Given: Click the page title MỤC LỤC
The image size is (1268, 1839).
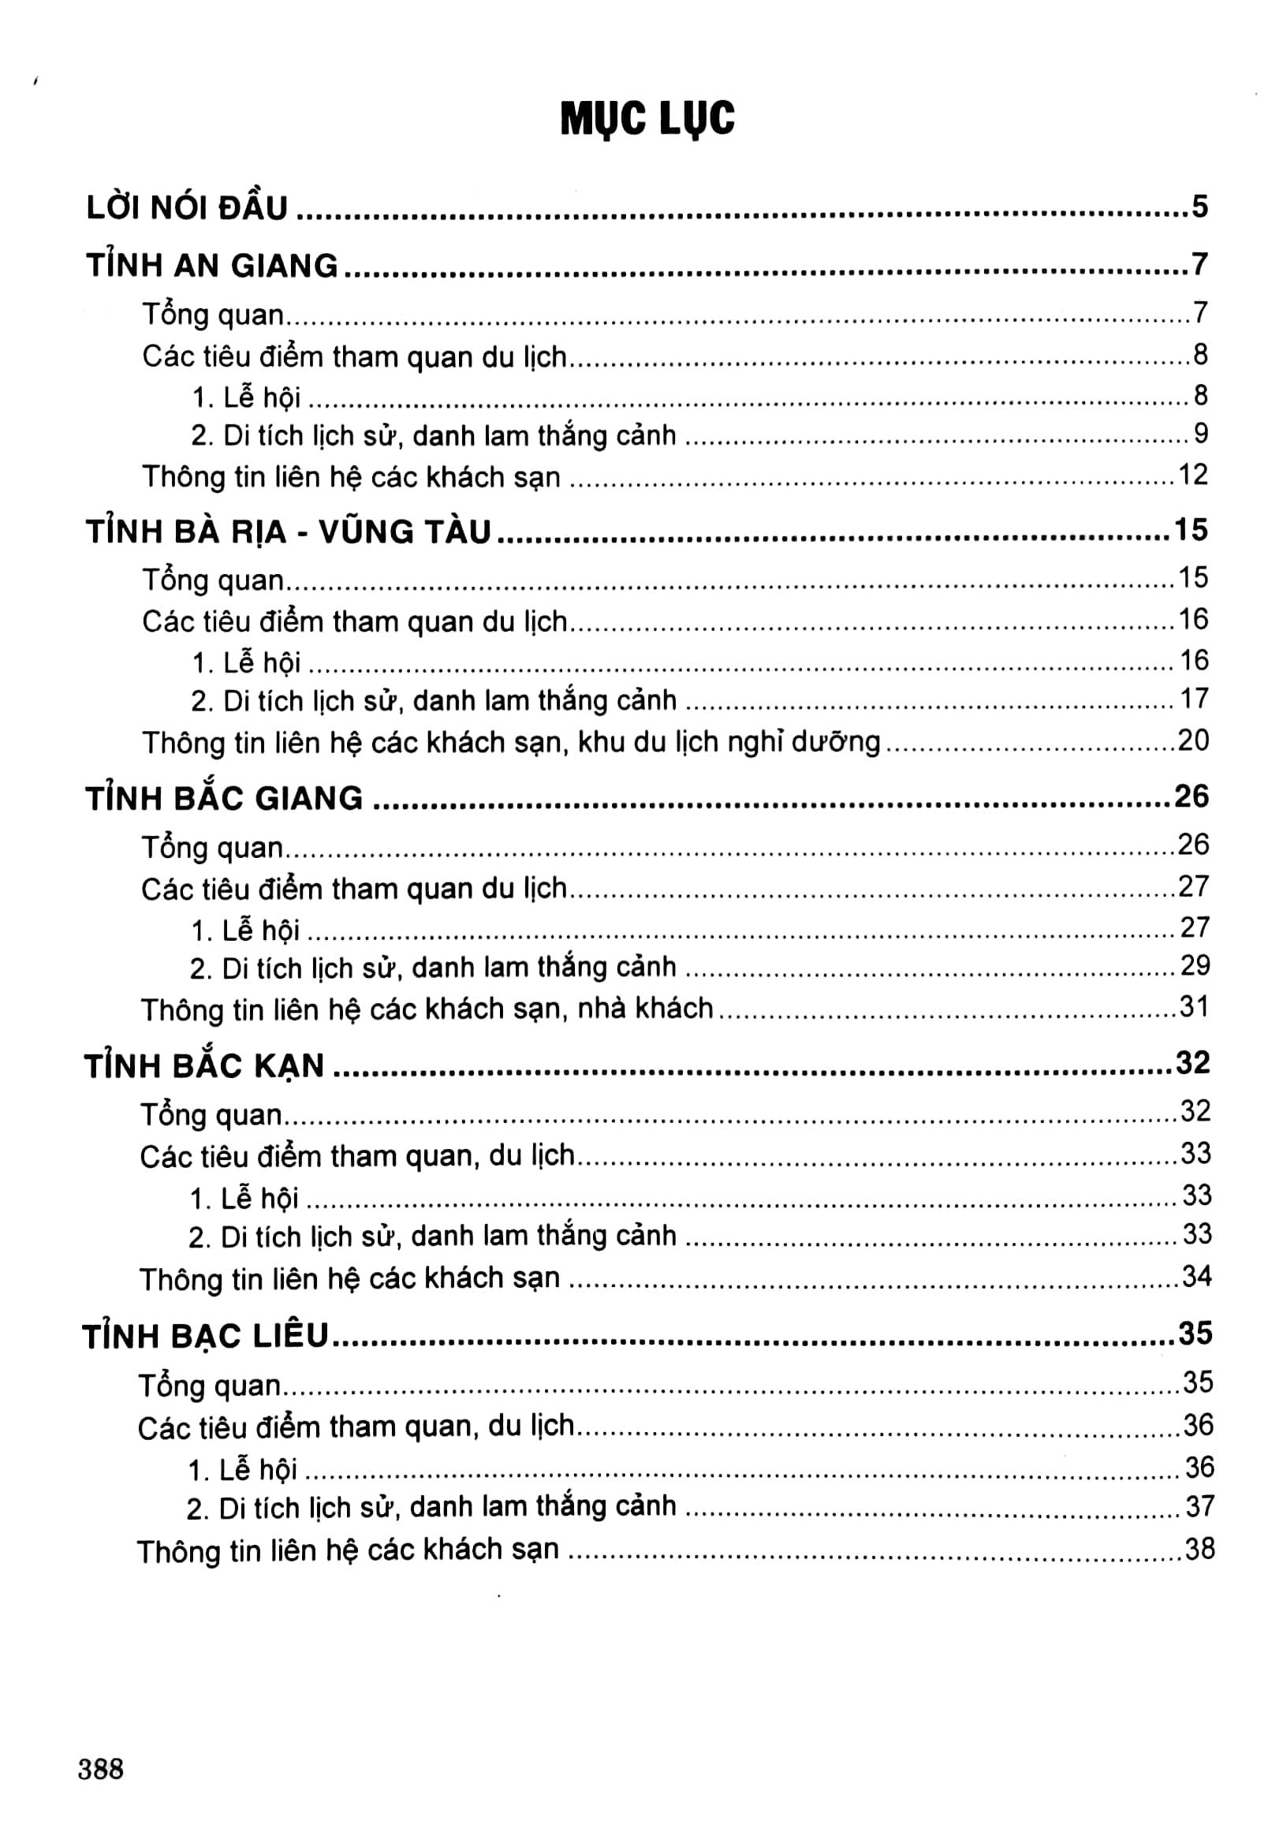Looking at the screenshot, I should (647, 119).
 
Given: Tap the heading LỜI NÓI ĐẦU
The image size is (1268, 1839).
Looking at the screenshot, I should (187, 207).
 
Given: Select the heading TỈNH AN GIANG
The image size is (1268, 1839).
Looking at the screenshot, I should (212, 264).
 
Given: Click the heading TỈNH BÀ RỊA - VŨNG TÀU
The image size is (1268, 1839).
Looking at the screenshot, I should (289, 532).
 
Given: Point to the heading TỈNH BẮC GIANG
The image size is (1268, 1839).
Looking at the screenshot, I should (224, 798).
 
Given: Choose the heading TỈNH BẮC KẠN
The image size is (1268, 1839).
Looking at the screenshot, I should (205, 1065).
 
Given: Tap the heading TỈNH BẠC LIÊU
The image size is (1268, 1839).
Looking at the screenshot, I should (206, 1336).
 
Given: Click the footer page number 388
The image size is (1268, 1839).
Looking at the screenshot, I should (101, 1769).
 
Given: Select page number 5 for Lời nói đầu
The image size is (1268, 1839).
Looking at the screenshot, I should (1199, 207).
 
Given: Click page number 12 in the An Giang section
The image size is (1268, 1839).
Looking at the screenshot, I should (1192, 475).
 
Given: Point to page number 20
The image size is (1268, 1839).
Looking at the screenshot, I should (1192, 740).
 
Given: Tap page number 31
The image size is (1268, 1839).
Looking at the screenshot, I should (1193, 1007).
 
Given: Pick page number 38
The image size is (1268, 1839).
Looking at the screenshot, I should (1199, 1548).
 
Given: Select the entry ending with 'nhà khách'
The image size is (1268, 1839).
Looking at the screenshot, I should (427, 1009).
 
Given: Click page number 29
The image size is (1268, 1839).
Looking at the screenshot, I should (1194, 966).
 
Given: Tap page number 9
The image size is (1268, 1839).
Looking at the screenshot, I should (1200, 434).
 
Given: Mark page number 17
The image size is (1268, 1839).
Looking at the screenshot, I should (1193, 699).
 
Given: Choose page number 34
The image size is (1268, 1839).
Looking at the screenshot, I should (1196, 1277).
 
